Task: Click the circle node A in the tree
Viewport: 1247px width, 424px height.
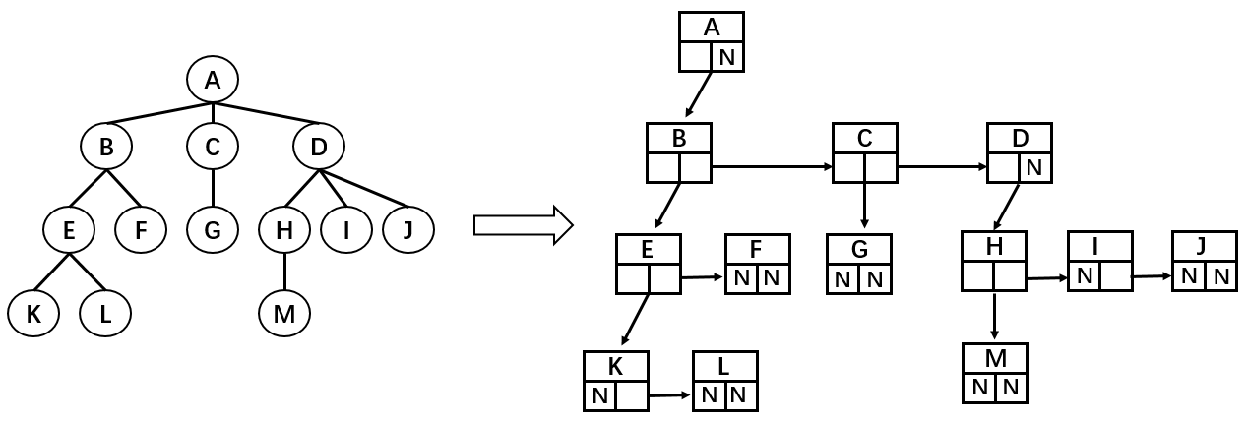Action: pyautogui.click(x=212, y=79)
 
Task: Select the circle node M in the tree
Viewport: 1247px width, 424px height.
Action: pyautogui.click(x=284, y=313)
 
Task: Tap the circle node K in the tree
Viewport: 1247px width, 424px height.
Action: pyautogui.click(x=32, y=313)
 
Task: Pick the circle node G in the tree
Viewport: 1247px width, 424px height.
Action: pyautogui.click(x=213, y=230)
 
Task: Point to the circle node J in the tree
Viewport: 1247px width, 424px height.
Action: pyautogui.click(x=408, y=230)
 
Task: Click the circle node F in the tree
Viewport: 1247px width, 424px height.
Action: pyautogui.click(x=140, y=230)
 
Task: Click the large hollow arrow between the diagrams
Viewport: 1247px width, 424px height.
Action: pyautogui.click(x=523, y=224)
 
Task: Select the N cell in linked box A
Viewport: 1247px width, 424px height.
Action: pyautogui.click(x=727, y=57)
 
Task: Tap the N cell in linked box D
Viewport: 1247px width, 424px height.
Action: pyautogui.click(x=1033, y=167)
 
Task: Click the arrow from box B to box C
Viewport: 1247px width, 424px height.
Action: pyautogui.click(x=772, y=167)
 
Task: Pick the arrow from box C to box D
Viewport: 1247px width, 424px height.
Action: pyautogui.click(x=943, y=167)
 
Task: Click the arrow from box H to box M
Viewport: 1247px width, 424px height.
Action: pyautogui.click(x=994, y=316)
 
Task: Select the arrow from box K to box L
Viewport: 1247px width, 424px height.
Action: pyautogui.click(x=668, y=396)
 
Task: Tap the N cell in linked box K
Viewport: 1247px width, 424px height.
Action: pyautogui.click(x=599, y=396)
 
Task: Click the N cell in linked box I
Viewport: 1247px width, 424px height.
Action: pyautogui.click(x=1084, y=276)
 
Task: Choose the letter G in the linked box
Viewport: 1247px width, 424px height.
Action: pyautogui.click(x=859, y=249)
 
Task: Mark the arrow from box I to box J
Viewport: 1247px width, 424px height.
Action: pyautogui.click(x=1151, y=277)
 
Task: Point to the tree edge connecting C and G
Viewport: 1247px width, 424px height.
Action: pyautogui.click(x=213, y=189)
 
